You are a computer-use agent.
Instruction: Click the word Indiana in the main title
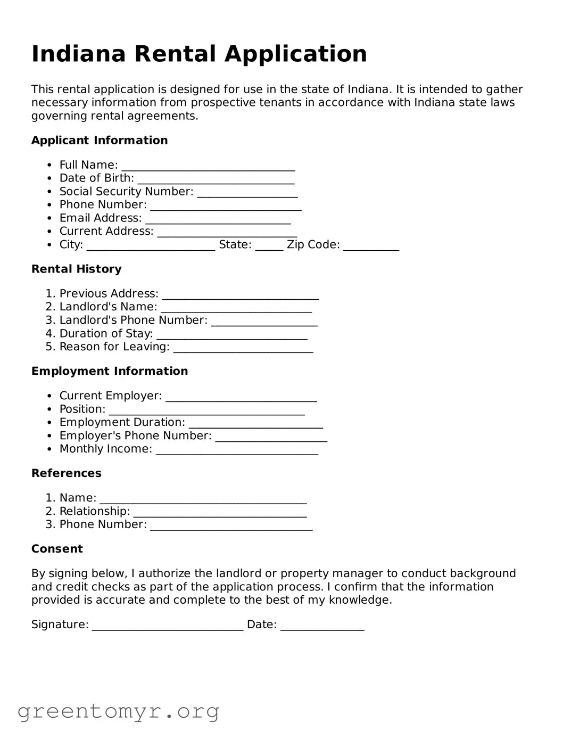(78, 54)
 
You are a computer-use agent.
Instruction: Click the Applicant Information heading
(100, 140)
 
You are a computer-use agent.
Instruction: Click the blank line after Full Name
(208, 167)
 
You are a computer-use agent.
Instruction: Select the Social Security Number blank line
(247, 194)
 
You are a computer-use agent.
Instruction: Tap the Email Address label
(101, 218)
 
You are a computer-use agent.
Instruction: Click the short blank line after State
(269, 247)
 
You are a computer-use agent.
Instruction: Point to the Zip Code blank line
(371, 247)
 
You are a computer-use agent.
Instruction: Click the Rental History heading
(76, 269)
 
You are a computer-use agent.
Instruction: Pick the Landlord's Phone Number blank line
(264, 323)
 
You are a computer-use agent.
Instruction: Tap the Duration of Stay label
(106, 334)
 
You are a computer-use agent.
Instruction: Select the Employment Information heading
(110, 371)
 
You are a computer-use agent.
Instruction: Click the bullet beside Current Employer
(49, 396)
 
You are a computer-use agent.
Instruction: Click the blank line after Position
(206, 412)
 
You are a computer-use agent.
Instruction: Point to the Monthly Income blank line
(237, 451)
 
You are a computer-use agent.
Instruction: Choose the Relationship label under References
(94, 511)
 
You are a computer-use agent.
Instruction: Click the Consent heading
(57, 549)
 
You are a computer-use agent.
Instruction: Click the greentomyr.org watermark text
(119, 711)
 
